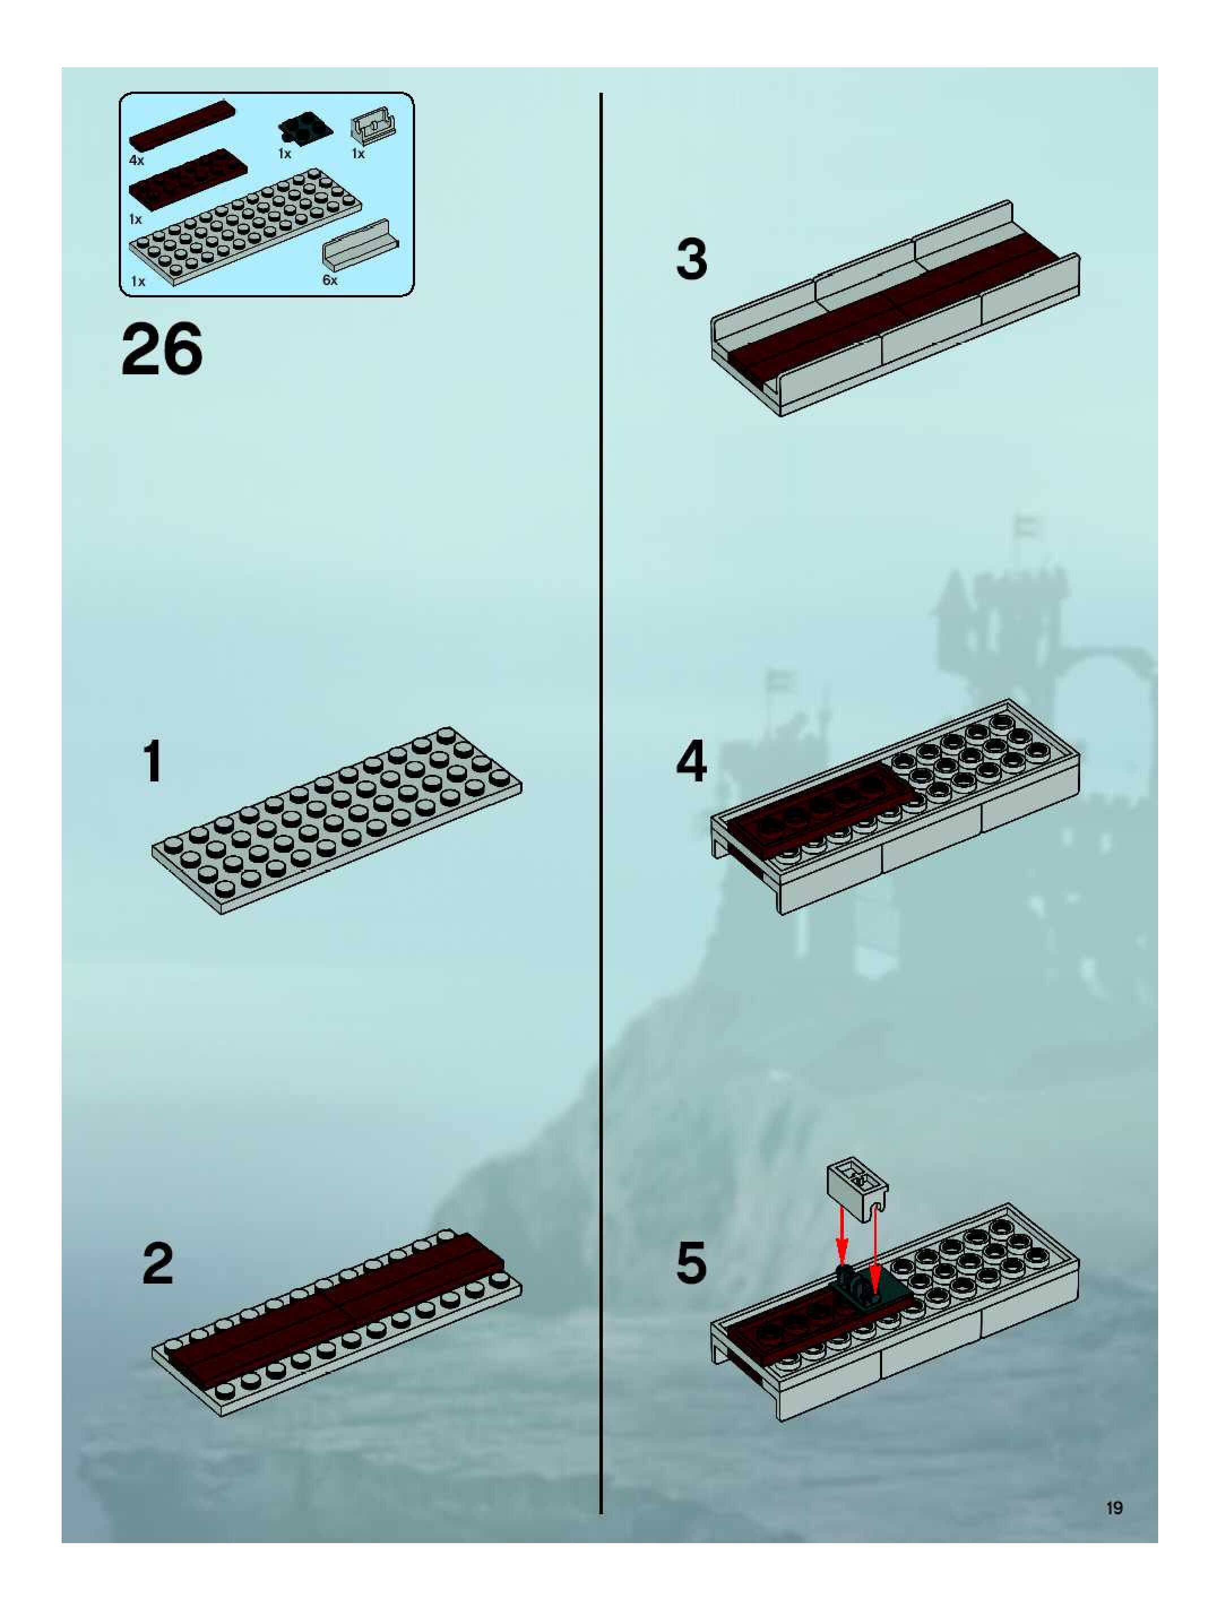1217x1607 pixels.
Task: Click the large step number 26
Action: tap(162, 349)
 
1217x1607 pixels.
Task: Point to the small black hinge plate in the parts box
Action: tap(305, 130)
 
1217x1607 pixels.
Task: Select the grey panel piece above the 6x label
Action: tap(360, 245)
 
